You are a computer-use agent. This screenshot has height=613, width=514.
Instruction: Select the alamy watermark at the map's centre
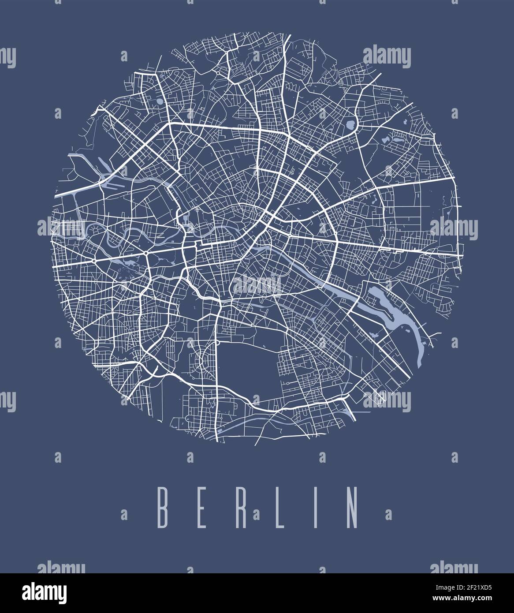(257, 285)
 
